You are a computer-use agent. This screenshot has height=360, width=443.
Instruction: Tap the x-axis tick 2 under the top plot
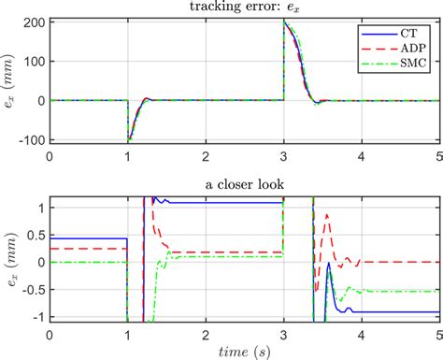coord(206,155)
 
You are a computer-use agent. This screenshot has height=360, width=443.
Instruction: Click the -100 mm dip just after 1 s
coord(129,140)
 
